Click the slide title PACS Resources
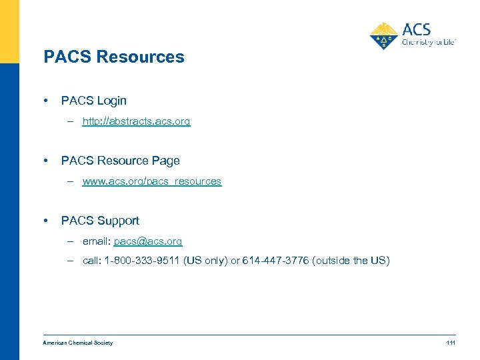pos(113,57)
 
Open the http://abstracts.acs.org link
pos(136,121)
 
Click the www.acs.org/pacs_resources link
pos(151,181)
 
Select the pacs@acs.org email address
pos(147,241)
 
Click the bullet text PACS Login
pos(93,101)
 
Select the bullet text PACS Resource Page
pos(120,161)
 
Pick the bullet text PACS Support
pos(100,221)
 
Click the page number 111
pos(451,343)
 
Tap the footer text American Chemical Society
pos(77,343)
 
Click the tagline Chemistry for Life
pos(428,42)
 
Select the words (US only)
pos(204,261)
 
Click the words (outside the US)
pos(351,261)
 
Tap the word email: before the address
pos(97,241)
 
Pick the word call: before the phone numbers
pos(92,261)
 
